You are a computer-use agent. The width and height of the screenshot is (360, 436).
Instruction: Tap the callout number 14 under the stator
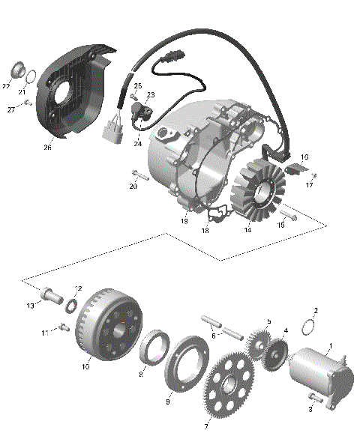click(x=247, y=231)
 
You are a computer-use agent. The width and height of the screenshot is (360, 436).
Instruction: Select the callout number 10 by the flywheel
click(x=85, y=366)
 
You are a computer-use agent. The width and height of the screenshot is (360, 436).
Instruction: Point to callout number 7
click(x=207, y=426)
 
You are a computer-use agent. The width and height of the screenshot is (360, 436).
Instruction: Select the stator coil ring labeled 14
click(x=254, y=192)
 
